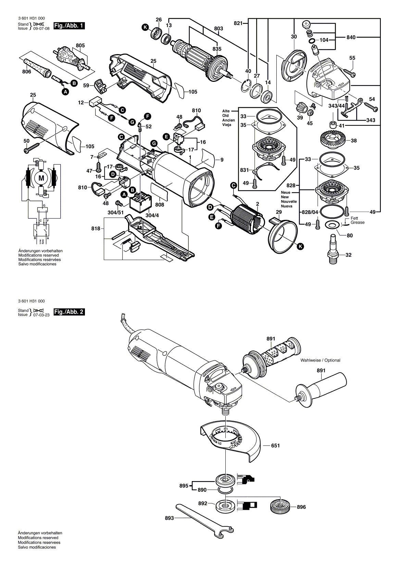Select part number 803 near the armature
click(218, 29)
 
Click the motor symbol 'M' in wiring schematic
click(41, 178)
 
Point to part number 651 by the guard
click(275, 445)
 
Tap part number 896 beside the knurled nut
click(301, 507)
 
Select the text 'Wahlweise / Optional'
click(320, 360)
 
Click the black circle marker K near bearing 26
click(146, 27)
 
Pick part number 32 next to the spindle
click(348, 255)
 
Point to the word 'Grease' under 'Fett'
click(358, 223)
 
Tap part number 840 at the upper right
click(351, 37)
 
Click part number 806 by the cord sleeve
click(26, 72)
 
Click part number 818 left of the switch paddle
click(96, 228)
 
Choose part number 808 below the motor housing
click(160, 205)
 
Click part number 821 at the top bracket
click(238, 23)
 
